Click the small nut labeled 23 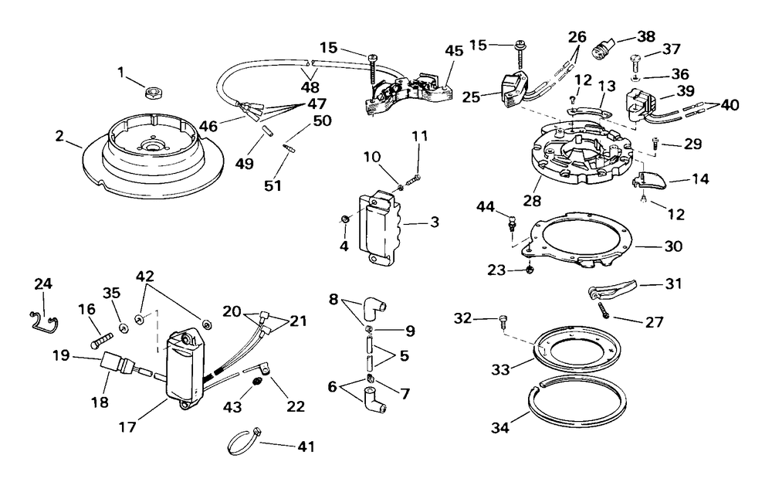(x=529, y=270)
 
